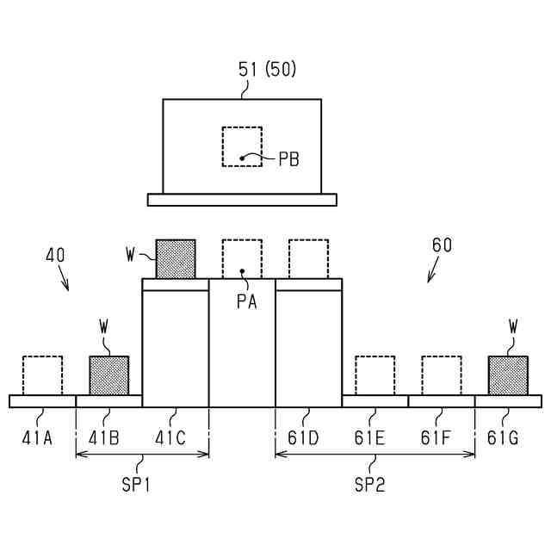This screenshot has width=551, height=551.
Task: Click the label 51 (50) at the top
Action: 267,70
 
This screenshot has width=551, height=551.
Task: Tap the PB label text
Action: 288,159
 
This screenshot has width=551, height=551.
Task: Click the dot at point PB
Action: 243,157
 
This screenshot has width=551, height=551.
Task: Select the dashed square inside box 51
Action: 242,146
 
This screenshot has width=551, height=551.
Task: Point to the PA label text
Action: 245,302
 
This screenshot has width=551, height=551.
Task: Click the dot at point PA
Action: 243,271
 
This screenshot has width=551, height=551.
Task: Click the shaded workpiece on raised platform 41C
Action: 176,259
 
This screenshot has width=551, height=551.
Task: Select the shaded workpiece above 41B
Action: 109,375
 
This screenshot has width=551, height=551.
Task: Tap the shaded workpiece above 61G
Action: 508,375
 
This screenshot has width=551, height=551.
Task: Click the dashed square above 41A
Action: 42,375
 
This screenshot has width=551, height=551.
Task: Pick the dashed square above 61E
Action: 375,375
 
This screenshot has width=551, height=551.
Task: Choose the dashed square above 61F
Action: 442,375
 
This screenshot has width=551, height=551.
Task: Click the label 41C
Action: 170,438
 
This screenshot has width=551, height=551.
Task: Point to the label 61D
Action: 304,438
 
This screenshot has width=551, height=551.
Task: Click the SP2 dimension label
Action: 369,484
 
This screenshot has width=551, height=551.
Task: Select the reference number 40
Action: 54,255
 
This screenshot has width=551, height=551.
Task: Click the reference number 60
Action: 442,245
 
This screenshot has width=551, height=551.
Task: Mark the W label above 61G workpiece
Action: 513,326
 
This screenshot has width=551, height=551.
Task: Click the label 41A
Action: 37,438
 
